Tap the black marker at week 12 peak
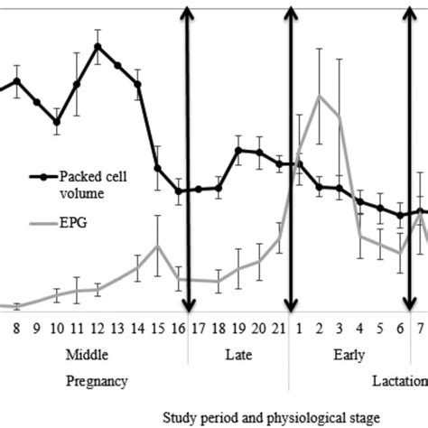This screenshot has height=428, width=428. [x=98, y=46]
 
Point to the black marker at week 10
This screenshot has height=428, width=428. [x=56, y=121]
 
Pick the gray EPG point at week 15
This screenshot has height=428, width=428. [x=158, y=246]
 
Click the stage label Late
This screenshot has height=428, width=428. [x=238, y=355]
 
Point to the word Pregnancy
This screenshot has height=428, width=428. [x=97, y=381]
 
